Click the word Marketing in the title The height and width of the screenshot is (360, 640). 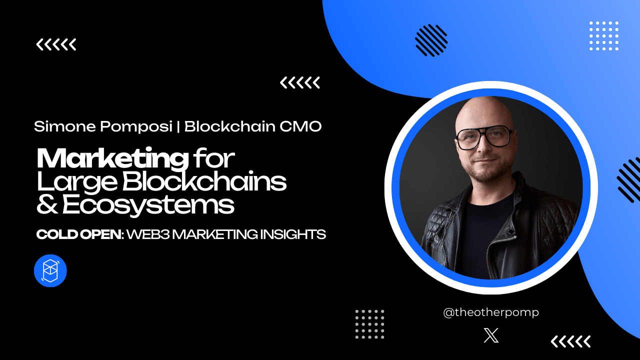[112, 159]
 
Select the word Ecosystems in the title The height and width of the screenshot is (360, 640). [148, 205]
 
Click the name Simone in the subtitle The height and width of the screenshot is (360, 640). [64, 126]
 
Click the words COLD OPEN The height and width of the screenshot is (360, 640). [79, 234]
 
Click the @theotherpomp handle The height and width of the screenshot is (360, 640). [491, 312]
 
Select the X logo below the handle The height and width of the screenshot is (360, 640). [491, 335]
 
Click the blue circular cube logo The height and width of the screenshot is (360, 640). [50, 271]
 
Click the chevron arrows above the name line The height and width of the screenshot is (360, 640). [300, 82]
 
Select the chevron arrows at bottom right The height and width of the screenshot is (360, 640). [570, 341]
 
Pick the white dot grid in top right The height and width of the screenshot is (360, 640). [604, 36]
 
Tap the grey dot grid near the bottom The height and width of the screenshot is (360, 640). [369, 324]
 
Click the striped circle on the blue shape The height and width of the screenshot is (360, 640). [431, 40]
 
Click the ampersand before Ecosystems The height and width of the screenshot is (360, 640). [47, 205]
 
